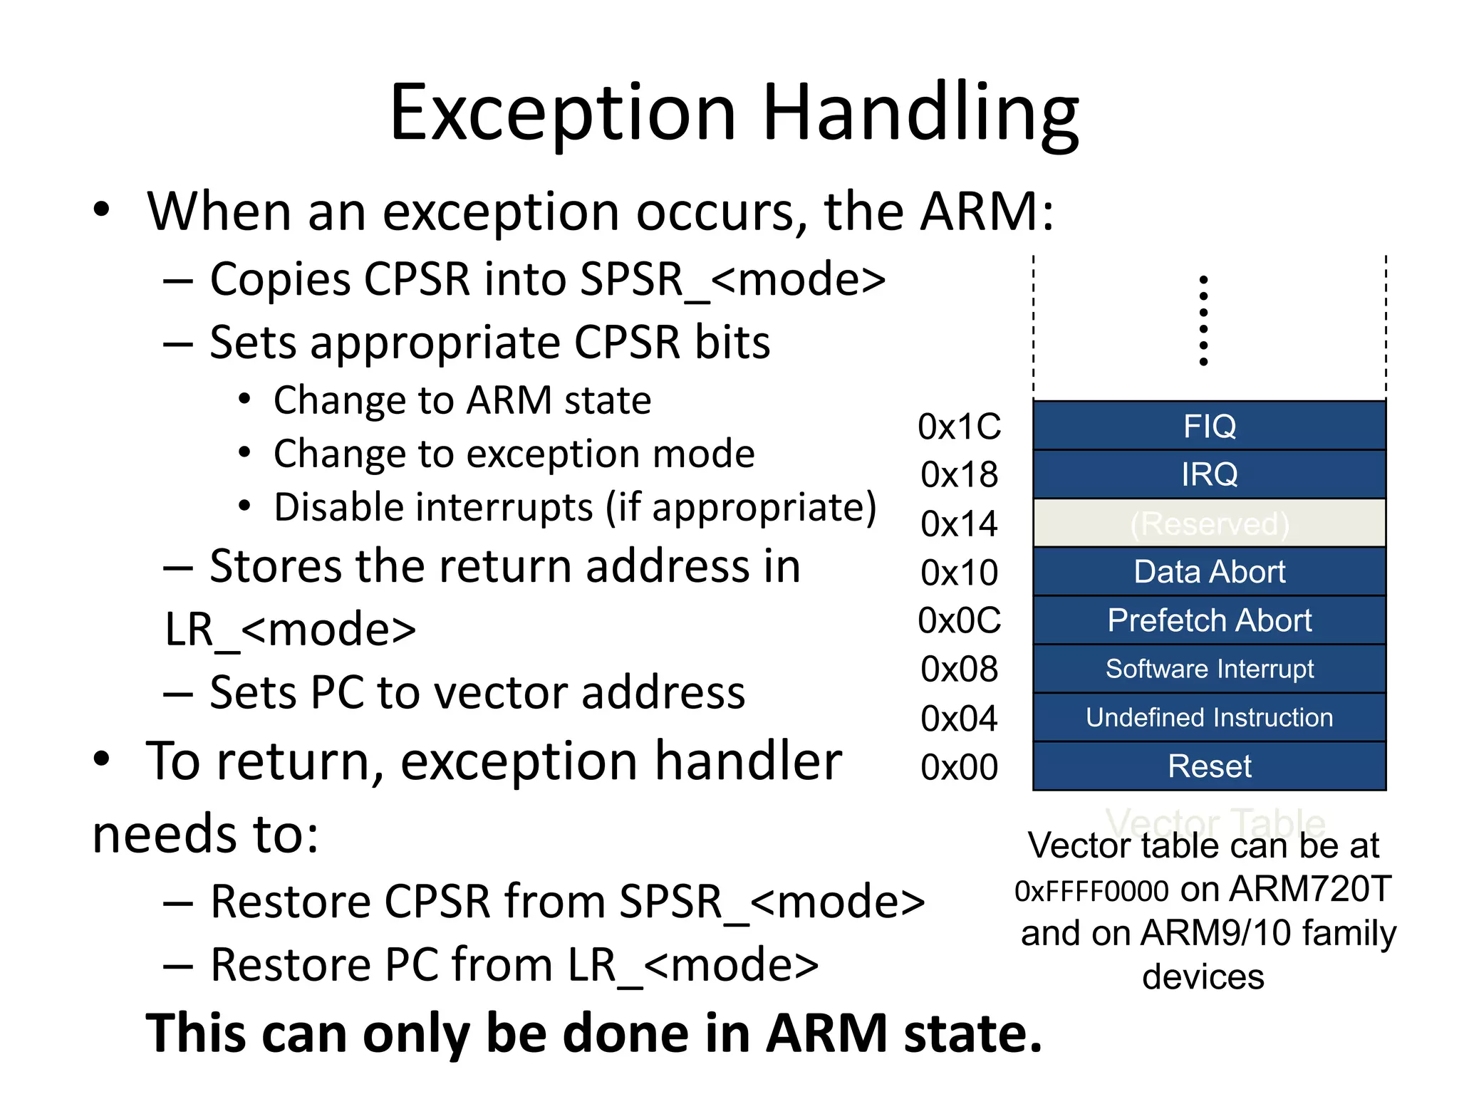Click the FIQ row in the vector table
[1209, 426]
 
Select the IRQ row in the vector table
[1209, 474]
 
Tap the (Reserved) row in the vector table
[1209, 523]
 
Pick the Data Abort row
[1209, 572]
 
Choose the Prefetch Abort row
[1209, 620]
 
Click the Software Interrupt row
[1209, 669]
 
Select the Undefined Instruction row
[1209, 717]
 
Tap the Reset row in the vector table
[1209, 766]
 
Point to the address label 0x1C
[959, 427]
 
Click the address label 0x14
[959, 524]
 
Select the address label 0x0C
[959, 620]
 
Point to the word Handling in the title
[920, 114]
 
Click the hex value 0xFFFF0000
[1091, 891]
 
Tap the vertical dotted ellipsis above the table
[1203, 321]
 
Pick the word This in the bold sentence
[197, 1033]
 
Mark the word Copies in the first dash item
[280, 279]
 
